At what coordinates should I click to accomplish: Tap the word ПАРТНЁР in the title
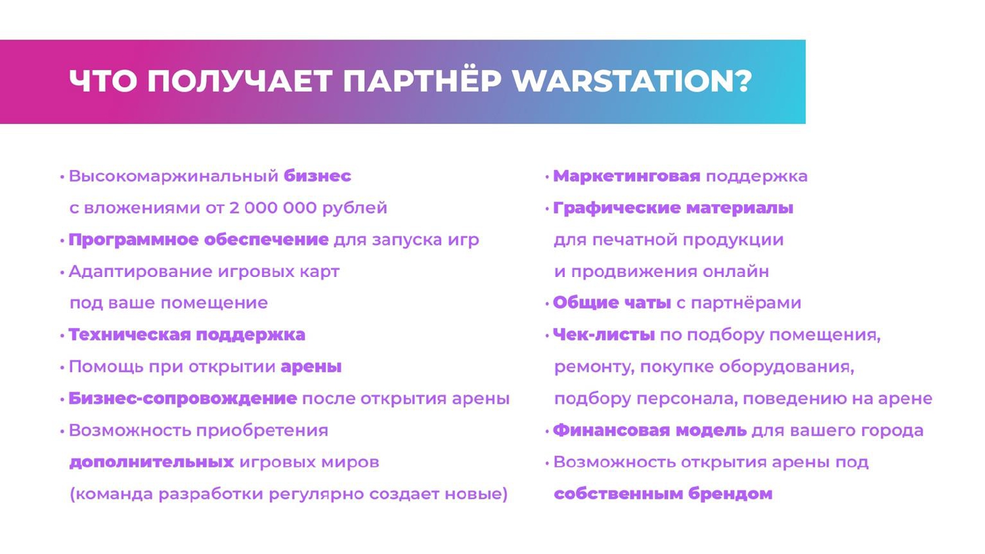422,81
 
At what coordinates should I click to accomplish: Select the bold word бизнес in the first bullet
317,176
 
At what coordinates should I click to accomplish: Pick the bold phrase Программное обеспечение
198,240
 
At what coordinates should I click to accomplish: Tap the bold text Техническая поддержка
186,335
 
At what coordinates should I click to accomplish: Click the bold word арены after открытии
311,366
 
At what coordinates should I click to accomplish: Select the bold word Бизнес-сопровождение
183,398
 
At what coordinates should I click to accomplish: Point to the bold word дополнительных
151,462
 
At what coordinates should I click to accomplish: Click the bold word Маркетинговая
626,176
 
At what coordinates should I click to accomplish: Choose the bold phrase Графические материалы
673,208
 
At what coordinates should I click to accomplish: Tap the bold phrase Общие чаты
611,303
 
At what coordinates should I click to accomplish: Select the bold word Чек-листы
603,335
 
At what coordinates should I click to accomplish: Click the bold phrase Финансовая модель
649,431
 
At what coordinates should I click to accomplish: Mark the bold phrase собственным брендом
663,494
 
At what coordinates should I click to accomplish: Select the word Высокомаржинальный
173,176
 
